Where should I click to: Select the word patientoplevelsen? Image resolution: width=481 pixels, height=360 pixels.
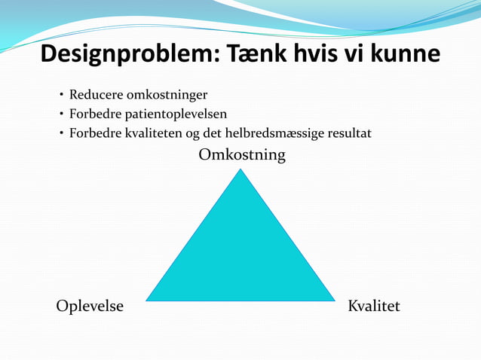coord(173,114)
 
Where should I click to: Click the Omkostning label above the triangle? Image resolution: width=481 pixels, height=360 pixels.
coord(241,155)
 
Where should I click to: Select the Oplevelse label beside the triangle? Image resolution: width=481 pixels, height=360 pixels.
coord(90,307)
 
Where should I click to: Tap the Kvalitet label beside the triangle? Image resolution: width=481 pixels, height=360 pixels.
coord(373,307)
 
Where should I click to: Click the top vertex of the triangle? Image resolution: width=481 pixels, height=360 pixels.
coord(240,170)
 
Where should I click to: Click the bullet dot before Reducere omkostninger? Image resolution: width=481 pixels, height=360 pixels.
coord(60,96)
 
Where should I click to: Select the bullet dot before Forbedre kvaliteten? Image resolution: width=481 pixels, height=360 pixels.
coord(60,134)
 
